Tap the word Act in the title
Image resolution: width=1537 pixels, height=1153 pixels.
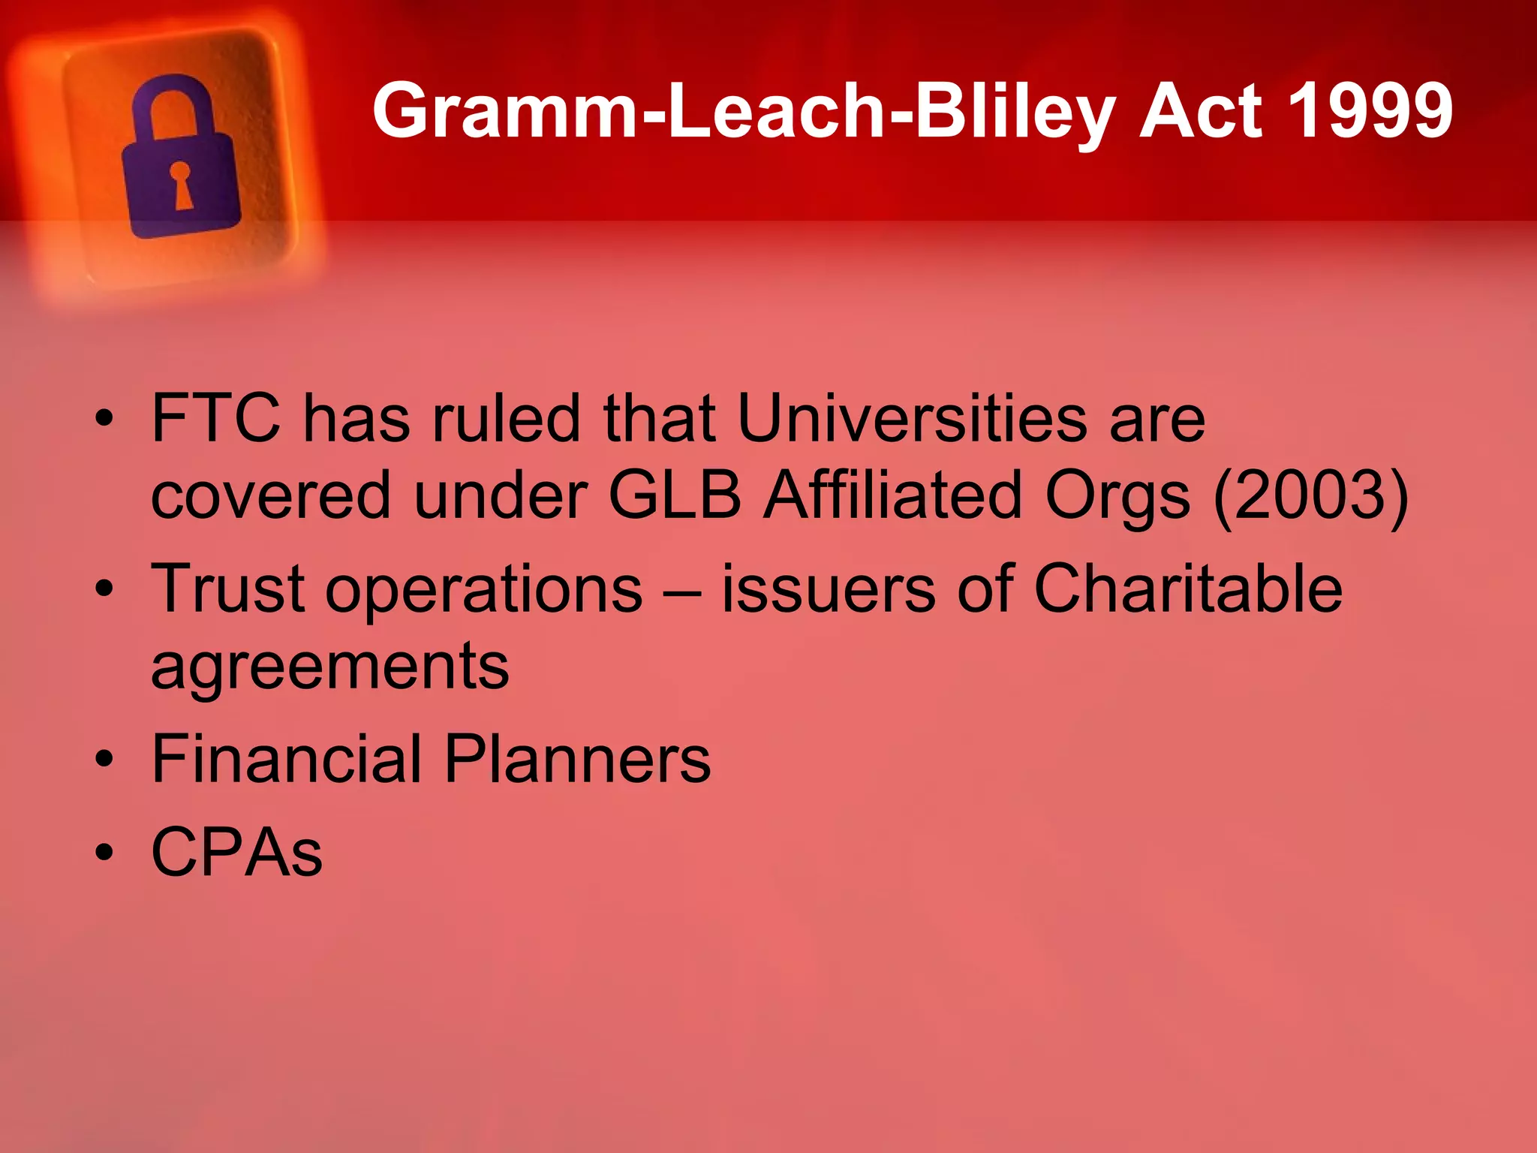click(1201, 111)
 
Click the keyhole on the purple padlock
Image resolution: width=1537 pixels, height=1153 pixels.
click(181, 183)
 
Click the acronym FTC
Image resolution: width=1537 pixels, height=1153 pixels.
click(216, 418)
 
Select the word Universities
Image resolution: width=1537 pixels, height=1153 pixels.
click(912, 418)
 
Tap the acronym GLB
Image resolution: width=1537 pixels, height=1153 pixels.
click(675, 495)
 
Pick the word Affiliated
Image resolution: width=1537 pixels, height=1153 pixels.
click(893, 495)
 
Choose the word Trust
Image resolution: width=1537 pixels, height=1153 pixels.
click(228, 589)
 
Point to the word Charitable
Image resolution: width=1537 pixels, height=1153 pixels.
click(1187, 589)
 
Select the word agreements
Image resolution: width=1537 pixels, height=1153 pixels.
click(330, 667)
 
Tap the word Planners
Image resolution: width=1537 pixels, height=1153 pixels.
click(577, 759)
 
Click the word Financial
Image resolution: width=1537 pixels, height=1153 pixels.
click(287, 759)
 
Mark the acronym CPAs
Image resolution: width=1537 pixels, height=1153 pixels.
click(237, 852)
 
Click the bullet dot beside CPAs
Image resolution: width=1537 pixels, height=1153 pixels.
click(104, 853)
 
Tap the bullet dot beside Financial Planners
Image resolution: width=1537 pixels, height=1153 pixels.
click(104, 760)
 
